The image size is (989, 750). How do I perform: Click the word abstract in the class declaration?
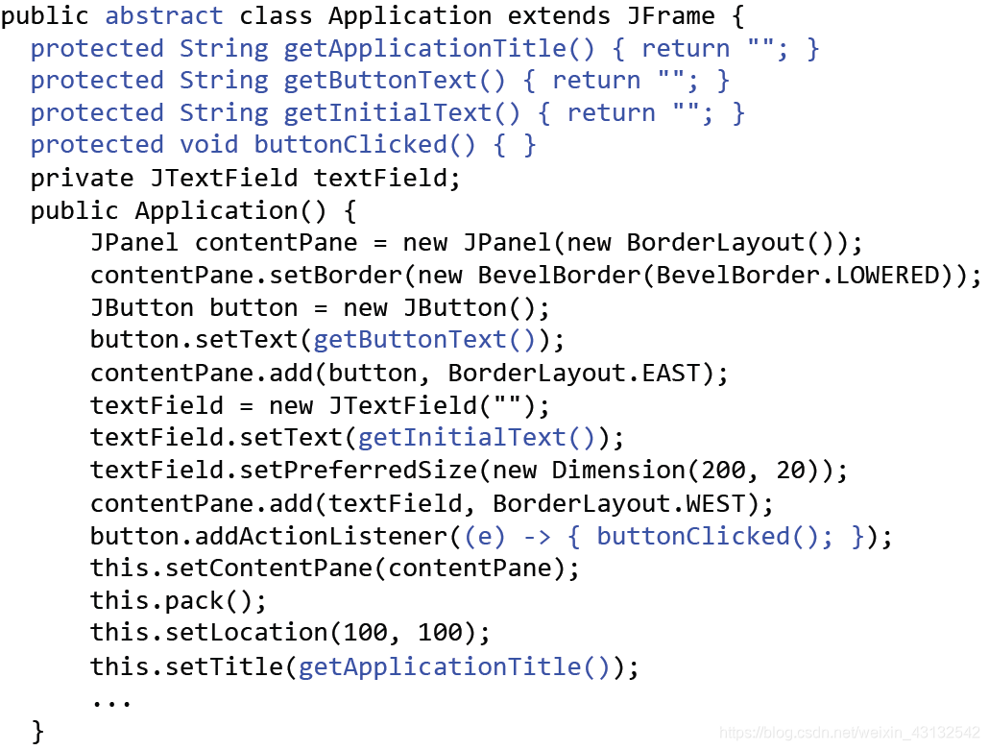[x=163, y=16]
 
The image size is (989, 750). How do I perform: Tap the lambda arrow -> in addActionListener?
[x=537, y=536]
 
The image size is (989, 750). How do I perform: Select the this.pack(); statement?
[x=179, y=601]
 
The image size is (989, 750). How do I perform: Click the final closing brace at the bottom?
[x=38, y=732]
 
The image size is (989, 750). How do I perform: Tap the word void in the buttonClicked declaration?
[x=208, y=145]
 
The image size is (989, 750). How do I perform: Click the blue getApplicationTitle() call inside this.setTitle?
[x=454, y=665]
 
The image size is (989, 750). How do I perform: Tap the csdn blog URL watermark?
[x=849, y=733]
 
